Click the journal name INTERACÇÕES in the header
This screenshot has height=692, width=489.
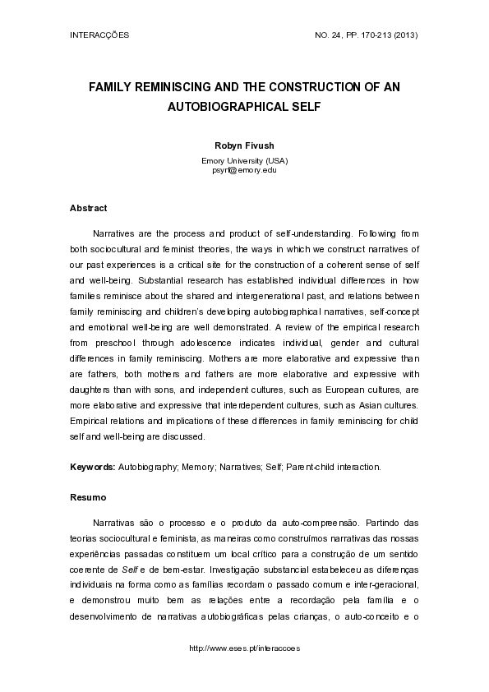[99, 36]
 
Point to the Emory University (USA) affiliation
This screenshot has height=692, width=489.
[244, 160]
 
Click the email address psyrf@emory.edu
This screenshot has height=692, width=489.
[244, 169]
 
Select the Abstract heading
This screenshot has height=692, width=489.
[89, 209]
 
